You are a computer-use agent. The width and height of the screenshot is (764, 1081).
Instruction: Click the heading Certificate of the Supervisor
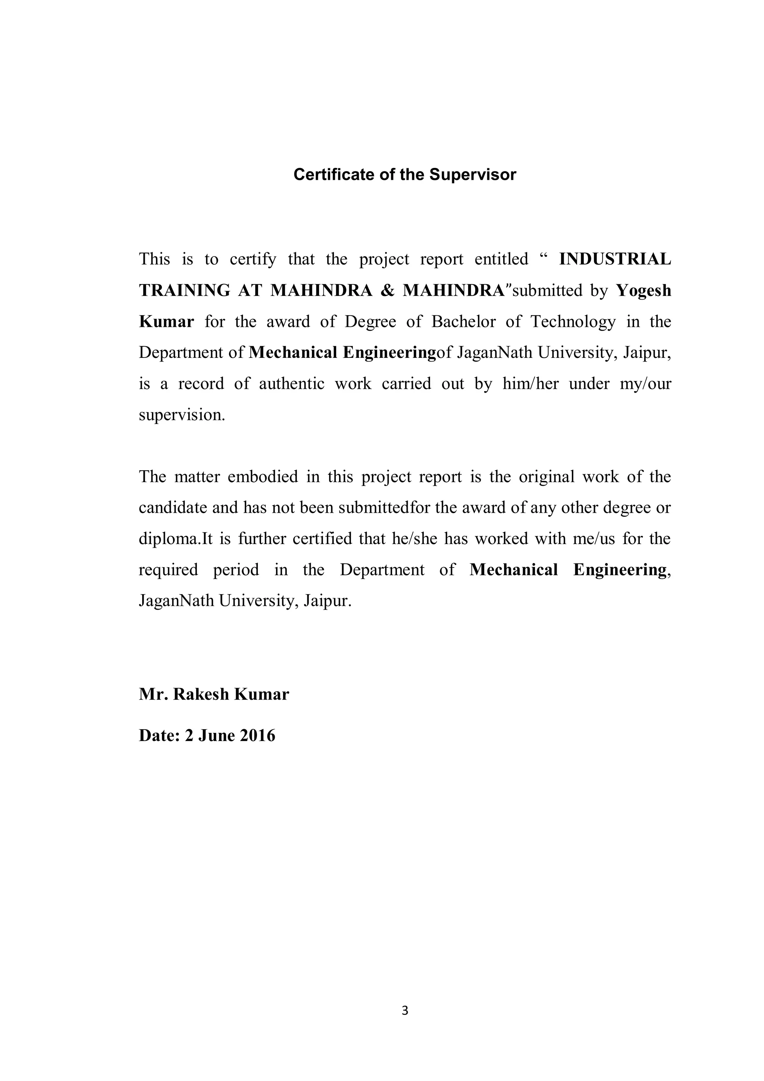point(404,175)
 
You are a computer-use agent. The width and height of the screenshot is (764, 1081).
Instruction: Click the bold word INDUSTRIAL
point(614,259)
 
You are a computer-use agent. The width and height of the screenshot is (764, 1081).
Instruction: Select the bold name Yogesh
point(644,291)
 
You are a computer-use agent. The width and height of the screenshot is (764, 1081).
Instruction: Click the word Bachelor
point(463,322)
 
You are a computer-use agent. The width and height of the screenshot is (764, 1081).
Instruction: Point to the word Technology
point(573,322)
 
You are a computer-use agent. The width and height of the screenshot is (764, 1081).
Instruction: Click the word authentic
point(291,384)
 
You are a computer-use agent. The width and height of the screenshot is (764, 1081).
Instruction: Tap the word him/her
point(530,384)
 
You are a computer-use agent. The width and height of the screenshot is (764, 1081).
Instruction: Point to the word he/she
point(415,538)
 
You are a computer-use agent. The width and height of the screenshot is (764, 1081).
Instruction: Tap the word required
point(168,570)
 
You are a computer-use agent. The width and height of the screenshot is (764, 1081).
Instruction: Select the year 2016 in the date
point(257,735)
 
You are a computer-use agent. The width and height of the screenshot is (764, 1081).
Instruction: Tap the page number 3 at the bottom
point(405,1010)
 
